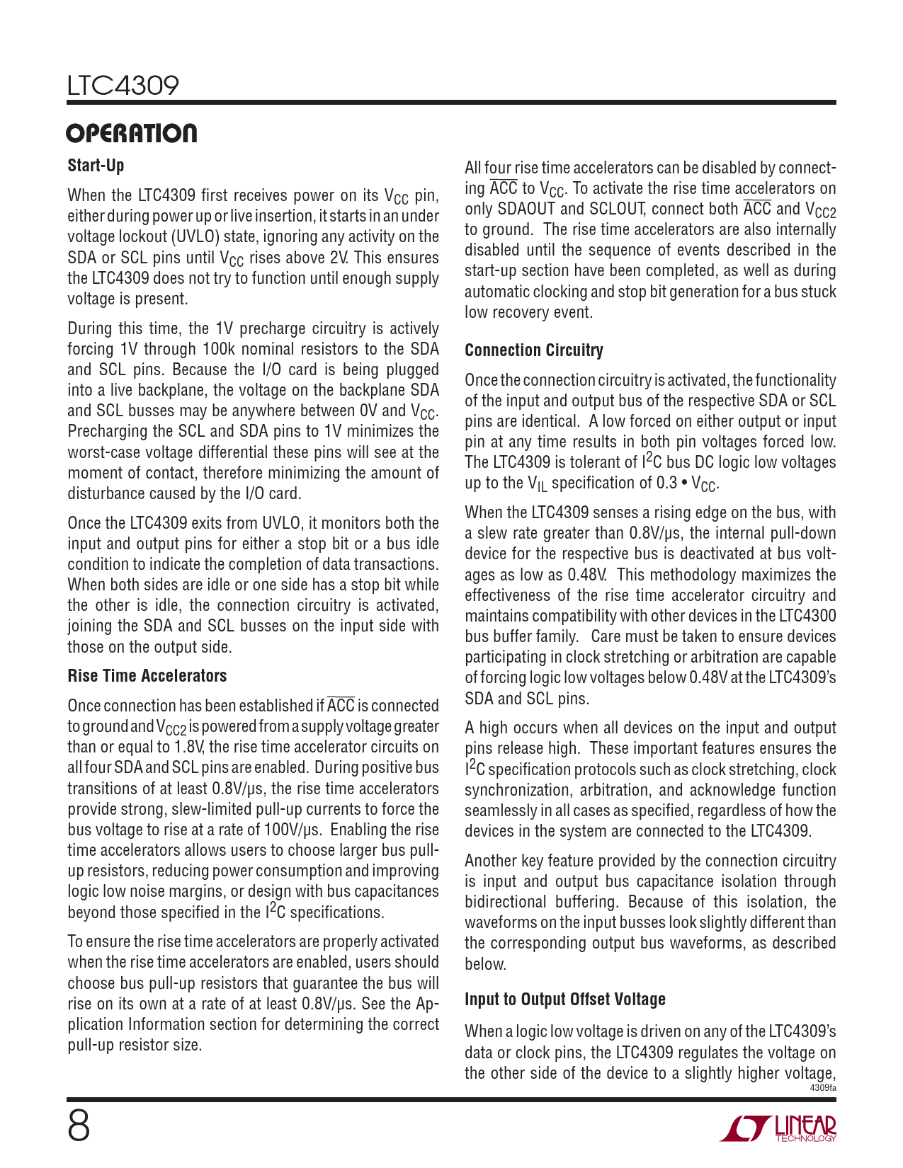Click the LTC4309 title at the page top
[x=123, y=86]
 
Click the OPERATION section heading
[x=132, y=134]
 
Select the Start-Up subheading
[x=96, y=166]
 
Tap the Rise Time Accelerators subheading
[x=147, y=676]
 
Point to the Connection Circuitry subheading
[x=534, y=350]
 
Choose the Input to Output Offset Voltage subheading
[x=565, y=1000]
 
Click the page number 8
[x=79, y=1126]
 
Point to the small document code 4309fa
[x=822, y=1087]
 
